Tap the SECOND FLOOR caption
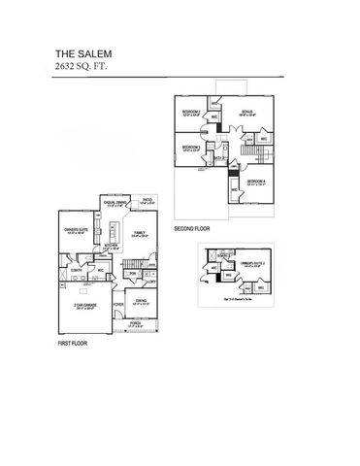[193, 230]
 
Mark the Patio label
[147, 201]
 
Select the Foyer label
[118, 304]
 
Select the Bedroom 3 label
[191, 148]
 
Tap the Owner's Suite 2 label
[251, 264]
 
